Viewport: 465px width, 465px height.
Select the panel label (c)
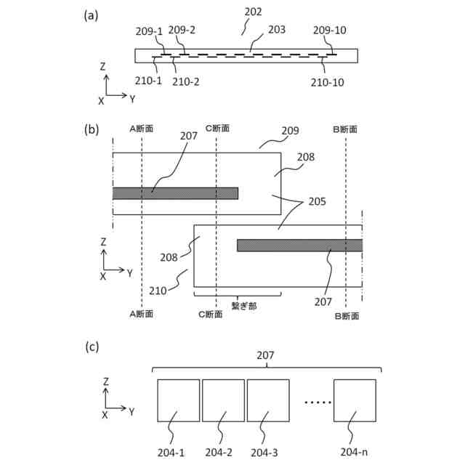pyautogui.click(x=91, y=347)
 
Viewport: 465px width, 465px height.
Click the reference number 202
pyautogui.click(x=254, y=12)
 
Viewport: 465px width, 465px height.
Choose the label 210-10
pyautogui.click(x=329, y=82)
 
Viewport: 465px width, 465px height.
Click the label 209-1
pyautogui.click(x=150, y=31)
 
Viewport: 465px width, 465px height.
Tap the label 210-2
pyautogui.click(x=187, y=81)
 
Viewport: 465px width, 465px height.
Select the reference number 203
pyautogui.click(x=276, y=30)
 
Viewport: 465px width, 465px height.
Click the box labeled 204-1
pyautogui.click(x=178, y=400)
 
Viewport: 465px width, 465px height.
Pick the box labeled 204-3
pyautogui.click(x=268, y=400)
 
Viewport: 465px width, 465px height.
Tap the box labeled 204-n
pyautogui.click(x=355, y=400)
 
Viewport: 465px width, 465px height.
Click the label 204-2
pyautogui.click(x=219, y=453)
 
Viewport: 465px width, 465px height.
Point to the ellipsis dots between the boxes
pyautogui.click(x=317, y=402)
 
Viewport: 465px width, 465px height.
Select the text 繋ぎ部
pyautogui.click(x=244, y=307)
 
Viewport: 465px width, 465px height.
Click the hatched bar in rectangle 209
pyautogui.click(x=175, y=193)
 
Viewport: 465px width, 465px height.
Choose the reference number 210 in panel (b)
pyautogui.click(x=177, y=291)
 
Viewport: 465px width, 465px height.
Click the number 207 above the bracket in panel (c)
pyautogui.click(x=267, y=356)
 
